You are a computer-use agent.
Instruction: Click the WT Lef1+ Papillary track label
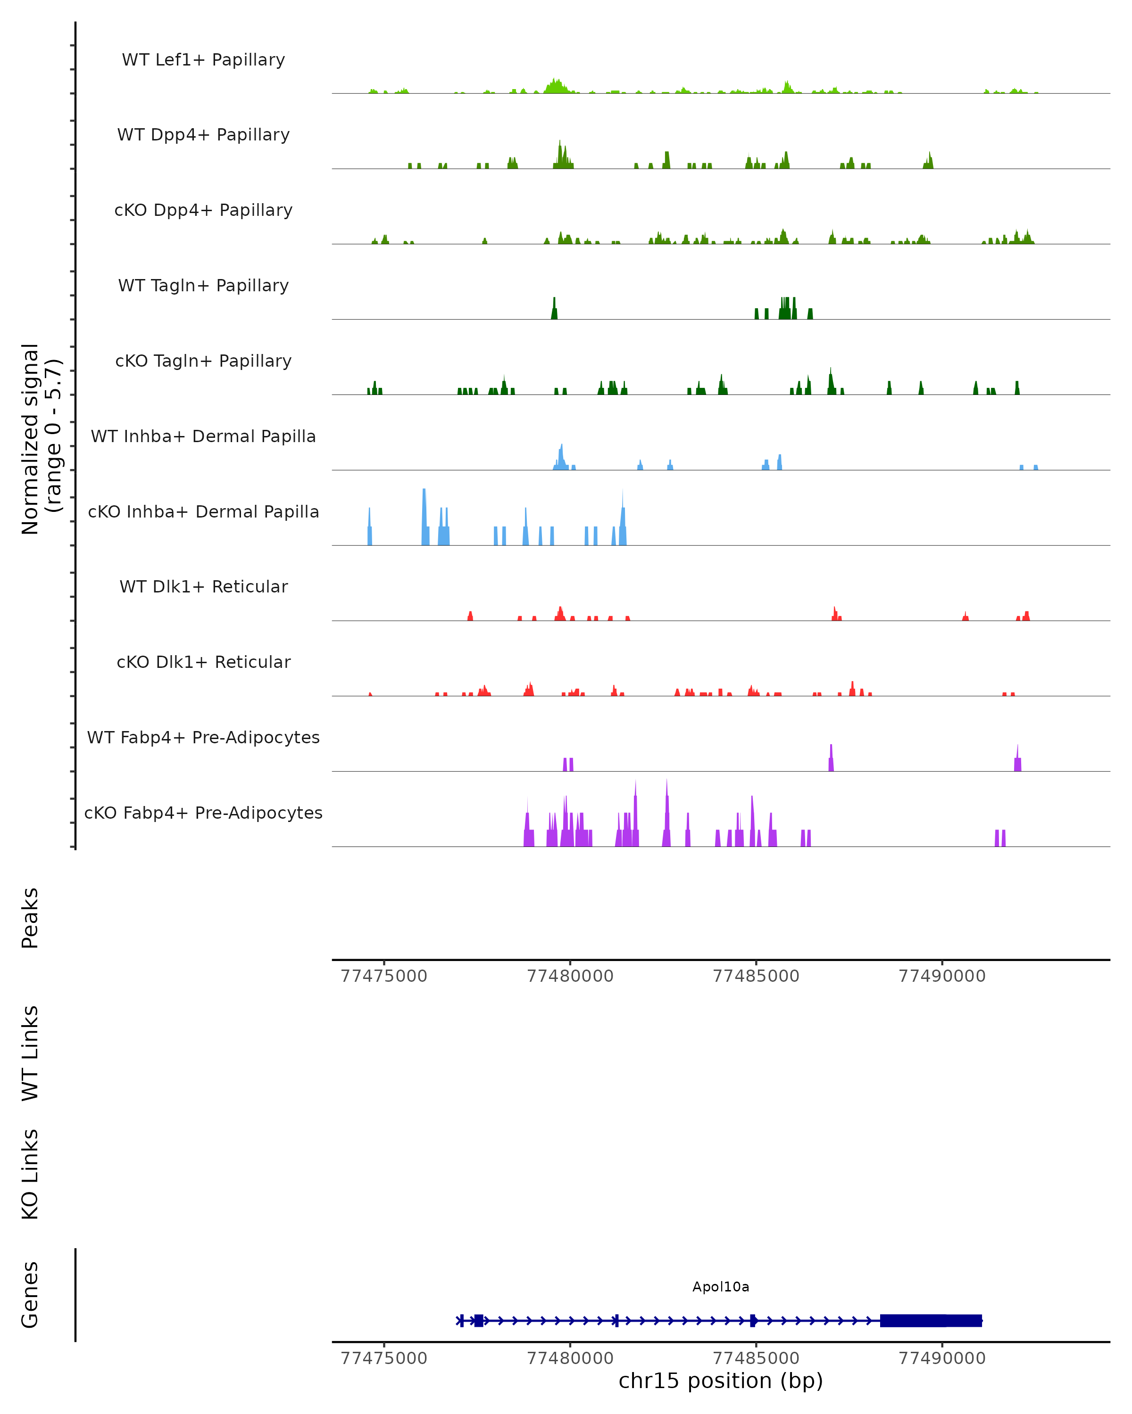(203, 60)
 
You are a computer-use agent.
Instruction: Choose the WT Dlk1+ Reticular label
(203, 586)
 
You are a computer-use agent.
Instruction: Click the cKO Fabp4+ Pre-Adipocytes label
(203, 813)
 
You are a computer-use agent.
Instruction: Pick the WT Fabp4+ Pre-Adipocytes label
(203, 737)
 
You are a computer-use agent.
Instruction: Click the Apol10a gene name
(721, 1287)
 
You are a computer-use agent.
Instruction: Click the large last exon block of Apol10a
(931, 1320)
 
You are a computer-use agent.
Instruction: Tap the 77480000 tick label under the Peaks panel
(570, 976)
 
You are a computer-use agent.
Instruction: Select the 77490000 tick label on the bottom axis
(942, 1358)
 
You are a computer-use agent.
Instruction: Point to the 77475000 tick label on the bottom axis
(384, 1358)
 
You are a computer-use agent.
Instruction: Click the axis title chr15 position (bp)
(721, 1381)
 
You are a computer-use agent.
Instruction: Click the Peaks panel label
(30, 918)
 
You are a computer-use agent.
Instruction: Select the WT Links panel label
(30, 1052)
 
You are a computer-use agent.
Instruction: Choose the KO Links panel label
(30, 1174)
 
